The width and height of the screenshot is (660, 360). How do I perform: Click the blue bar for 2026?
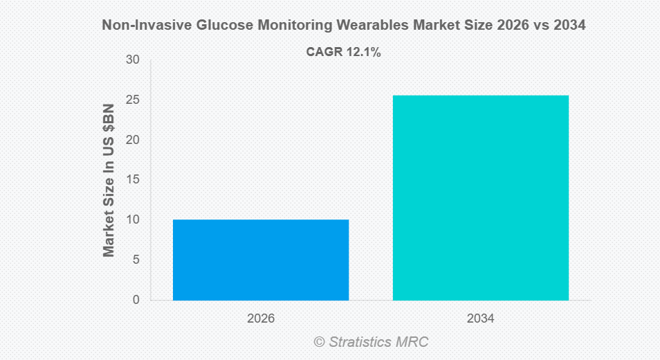[x=261, y=260]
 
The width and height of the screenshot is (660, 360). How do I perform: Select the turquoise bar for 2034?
[x=481, y=197]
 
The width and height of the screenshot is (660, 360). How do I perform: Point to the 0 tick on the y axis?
[x=136, y=300]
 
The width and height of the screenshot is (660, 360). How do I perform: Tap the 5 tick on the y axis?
[x=136, y=260]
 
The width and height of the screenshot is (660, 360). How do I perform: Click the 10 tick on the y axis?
[x=133, y=220]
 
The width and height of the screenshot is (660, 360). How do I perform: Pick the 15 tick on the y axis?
[x=133, y=180]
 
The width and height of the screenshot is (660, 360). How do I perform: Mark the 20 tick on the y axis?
[x=133, y=140]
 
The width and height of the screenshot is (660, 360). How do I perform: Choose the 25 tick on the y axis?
[x=133, y=100]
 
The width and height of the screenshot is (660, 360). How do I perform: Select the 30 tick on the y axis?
[x=133, y=60]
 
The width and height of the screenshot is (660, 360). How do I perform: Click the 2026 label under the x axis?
[x=261, y=319]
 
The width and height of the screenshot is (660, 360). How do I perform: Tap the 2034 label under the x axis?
[x=481, y=319]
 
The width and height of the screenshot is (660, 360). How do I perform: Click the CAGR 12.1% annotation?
[x=343, y=52]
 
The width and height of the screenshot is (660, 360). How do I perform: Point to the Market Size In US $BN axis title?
[x=109, y=181]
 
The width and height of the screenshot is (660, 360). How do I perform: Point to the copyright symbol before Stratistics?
[x=319, y=342]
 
